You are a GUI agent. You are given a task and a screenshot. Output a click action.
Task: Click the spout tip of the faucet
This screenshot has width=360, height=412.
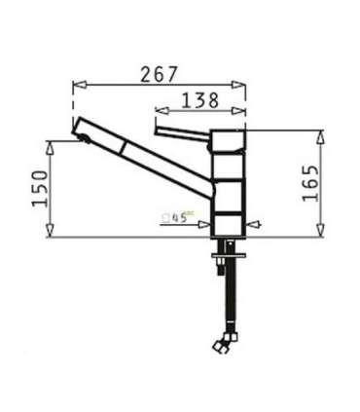pyautogui.click(x=78, y=129)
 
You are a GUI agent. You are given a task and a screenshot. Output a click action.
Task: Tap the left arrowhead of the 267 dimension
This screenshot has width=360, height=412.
pyautogui.click(x=77, y=86)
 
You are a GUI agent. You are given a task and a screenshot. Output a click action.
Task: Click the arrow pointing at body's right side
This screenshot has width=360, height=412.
pyautogui.click(x=256, y=226)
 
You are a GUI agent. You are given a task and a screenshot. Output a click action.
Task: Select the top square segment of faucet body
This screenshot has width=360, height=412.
pyautogui.click(x=231, y=141)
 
